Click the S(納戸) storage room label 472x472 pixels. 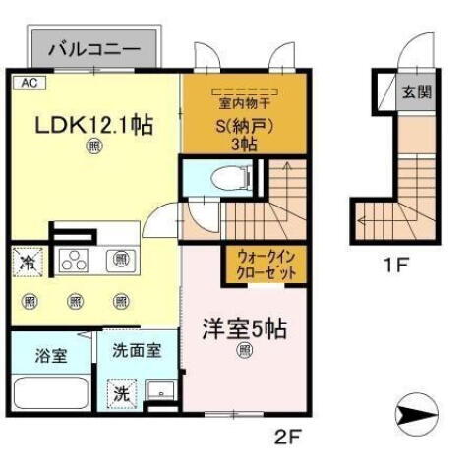(x=244, y=126)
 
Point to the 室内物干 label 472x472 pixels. (x=243, y=102)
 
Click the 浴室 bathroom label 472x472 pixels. (x=52, y=355)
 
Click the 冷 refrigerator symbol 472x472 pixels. (x=28, y=263)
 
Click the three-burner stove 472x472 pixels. (x=75, y=262)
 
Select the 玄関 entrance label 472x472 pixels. (x=416, y=94)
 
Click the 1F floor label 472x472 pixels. (x=392, y=265)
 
